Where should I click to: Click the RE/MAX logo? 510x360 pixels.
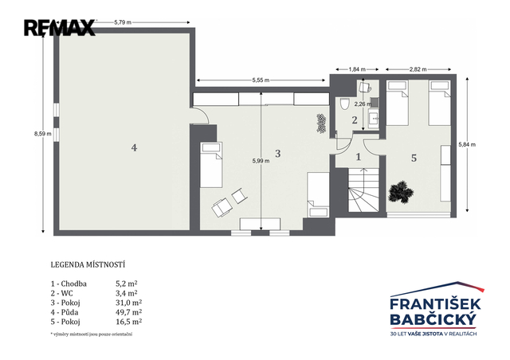tap(60, 28)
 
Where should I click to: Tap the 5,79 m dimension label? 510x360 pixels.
tap(123, 22)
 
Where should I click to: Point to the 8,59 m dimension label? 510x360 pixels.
tap(42, 133)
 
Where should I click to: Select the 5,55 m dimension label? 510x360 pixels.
tap(261, 80)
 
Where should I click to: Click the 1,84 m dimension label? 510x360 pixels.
tap(357, 69)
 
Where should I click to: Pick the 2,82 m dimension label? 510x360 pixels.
tap(418, 69)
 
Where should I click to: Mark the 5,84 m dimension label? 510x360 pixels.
tap(467, 144)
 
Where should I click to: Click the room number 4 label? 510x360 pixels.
tap(134, 148)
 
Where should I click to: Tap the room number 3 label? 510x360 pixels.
tap(278, 154)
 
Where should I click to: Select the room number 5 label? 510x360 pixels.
tap(414, 158)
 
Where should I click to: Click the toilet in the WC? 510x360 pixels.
tap(344, 104)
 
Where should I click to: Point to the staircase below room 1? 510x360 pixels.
tap(363, 190)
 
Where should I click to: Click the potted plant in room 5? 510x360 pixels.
tap(401, 192)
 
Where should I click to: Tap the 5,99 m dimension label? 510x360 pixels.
tap(261, 161)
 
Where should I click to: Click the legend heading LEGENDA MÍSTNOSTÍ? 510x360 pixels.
tap(88, 264)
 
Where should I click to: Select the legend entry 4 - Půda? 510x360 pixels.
tap(65, 312)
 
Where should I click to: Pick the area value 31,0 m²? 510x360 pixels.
tap(129, 303)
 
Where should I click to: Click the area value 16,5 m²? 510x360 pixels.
tap(129, 322)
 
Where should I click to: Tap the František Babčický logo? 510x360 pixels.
tap(436, 308)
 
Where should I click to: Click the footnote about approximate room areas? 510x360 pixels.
tap(92, 335)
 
